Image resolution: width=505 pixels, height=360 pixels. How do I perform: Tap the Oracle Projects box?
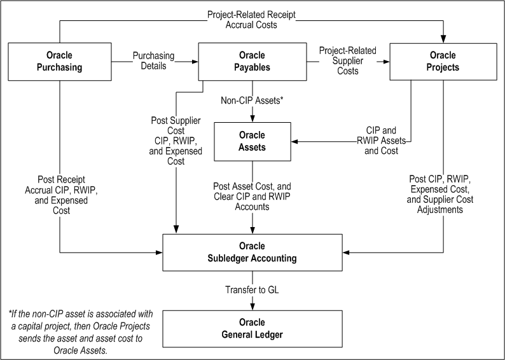coord(443,61)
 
